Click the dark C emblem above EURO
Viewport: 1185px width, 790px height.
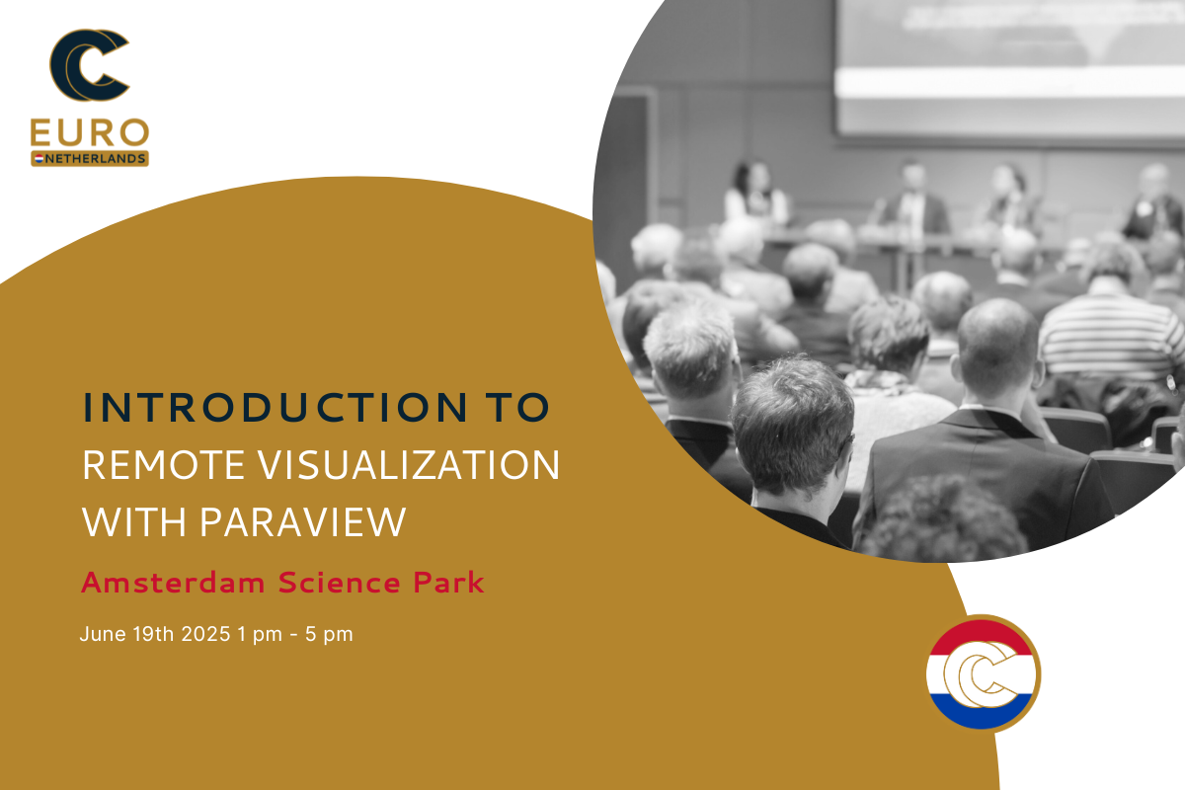[x=89, y=64]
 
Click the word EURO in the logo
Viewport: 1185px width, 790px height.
[x=90, y=132]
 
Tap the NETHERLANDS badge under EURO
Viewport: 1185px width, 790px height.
[x=90, y=158]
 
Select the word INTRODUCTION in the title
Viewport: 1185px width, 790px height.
[x=276, y=408]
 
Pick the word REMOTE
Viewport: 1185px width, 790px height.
[x=163, y=466]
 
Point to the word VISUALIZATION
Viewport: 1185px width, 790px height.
[x=409, y=466]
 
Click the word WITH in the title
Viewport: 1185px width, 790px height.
[x=134, y=522]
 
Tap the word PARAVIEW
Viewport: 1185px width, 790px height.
[x=302, y=522]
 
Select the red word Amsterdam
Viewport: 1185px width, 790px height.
[x=173, y=583]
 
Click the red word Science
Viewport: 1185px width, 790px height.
[x=339, y=583]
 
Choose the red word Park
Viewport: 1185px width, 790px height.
[x=448, y=583]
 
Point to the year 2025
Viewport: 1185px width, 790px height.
[x=205, y=634]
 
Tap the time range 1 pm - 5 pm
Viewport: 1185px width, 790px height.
[x=294, y=634]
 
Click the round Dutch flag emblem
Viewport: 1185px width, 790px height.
[x=984, y=673]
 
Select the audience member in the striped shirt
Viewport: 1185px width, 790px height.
[x=1110, y=334]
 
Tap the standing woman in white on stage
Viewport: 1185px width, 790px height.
[x=755, y=194]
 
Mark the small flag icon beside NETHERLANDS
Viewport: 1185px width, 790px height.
[x=39, y=158]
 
